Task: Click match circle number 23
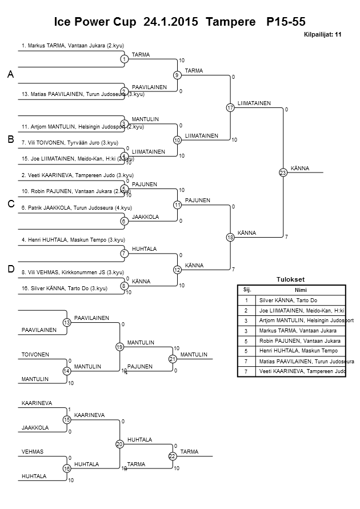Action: (283, 173)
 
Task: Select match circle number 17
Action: (230, 107)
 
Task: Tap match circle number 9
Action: (177, 75)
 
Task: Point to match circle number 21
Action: (172, 359)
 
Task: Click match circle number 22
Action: (172, 456)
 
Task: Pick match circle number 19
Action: (119, 347)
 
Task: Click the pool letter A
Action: (10, 75)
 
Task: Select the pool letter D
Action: (10, 269)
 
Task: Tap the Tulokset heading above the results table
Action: (290, 279)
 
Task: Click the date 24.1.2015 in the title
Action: (171, 22)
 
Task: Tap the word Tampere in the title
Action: (231, 22)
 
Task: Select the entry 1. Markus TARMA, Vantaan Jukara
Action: (73, 45)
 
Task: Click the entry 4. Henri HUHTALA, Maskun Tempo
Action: (73, 240)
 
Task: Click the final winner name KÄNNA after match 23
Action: (300, 168)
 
